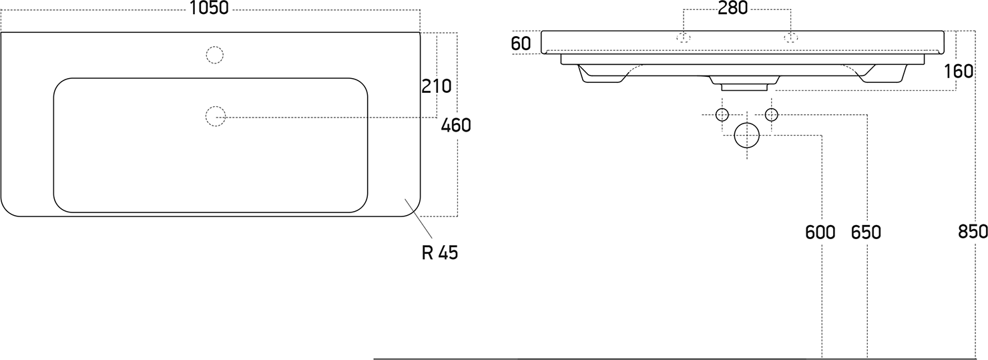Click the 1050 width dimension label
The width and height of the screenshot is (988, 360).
[209, 8]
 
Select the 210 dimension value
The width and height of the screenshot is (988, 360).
[436, 86]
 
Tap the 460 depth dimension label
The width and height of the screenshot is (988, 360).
[456, 126]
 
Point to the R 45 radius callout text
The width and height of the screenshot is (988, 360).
[440, 252]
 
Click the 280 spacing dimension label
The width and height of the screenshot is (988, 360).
[732, 8]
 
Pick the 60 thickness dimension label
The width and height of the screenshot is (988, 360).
[521, 43]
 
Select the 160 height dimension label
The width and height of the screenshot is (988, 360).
[959, 71]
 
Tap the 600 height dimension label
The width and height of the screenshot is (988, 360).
[820, 232]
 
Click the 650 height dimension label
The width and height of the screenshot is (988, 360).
[866, 232]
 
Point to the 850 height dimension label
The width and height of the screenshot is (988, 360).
[973, 232]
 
